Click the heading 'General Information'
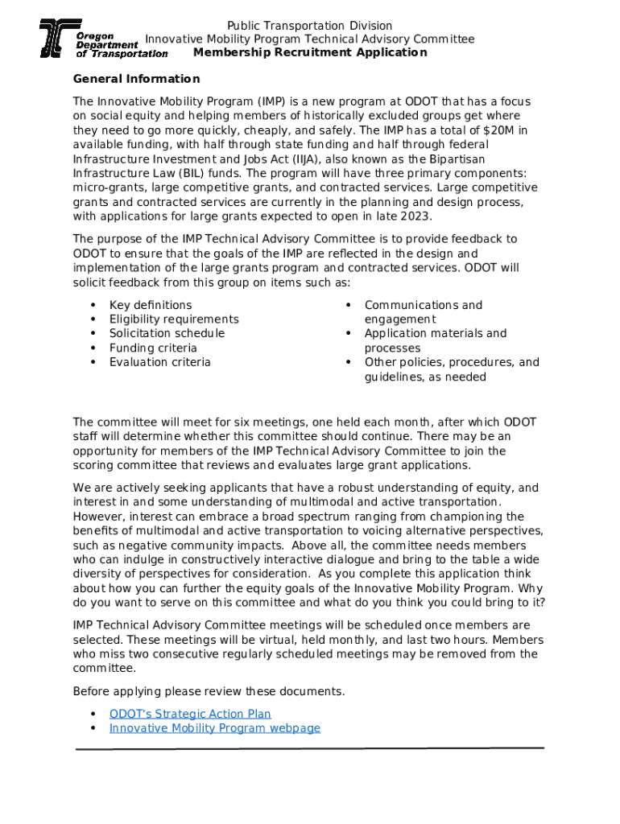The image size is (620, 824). click(x=136, y=79)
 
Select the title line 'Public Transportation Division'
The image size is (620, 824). click(x=309, y=26)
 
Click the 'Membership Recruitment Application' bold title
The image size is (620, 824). click(x=310, y=52)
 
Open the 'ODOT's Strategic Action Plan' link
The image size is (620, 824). click(x=190, y=714)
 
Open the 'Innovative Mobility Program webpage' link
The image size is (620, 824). click(x=214, y=728)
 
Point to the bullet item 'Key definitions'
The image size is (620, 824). click(x=151, y=305)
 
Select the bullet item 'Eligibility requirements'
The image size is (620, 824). click(x=174, y=319)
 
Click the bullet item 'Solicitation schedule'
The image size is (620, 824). click(x=167, y=333)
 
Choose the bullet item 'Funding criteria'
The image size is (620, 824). click(x=153, y=348)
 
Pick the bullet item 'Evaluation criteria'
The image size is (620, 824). click(x=160, y=362)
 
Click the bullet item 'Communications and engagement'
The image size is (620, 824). click(x=423, y=312)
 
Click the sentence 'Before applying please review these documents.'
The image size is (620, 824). click(x=209, y=692)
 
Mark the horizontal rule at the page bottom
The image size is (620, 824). click(x=309, y=748)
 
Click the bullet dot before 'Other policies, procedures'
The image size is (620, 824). click(x=348, y=362)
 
